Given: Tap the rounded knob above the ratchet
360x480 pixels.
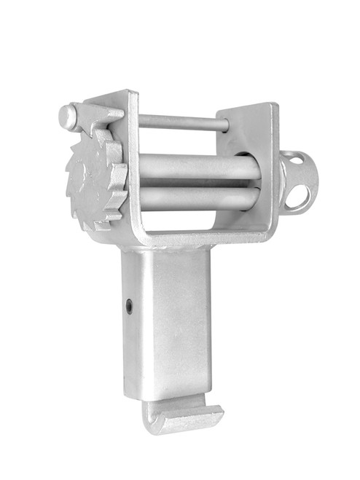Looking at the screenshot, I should click(x=67, y=117).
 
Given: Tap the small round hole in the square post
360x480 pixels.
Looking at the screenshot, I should click(x=130, y=306).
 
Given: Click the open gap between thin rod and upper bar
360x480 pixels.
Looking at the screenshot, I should click(x=182, y=142).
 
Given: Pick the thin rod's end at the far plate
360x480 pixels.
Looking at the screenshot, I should click(x=223, y=125).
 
